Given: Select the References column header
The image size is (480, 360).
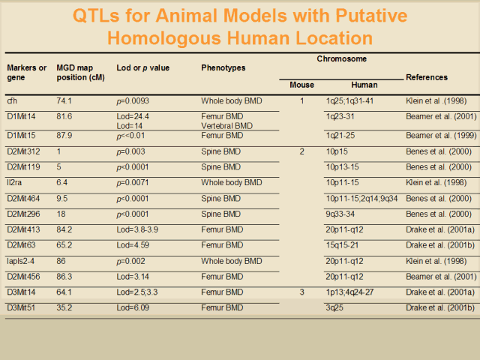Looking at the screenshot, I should pyautogui.click(x=426, y=77).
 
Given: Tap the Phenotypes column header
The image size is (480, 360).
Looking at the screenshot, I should pyautogui.click(x=223, y=68).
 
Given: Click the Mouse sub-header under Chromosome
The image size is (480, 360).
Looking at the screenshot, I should pyautogui.click(x=301, y=85).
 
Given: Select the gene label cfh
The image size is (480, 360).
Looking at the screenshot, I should pyautogui.click(x=12, y=100).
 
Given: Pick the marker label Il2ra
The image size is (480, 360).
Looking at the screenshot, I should pyautogui.click(x=16, y=182).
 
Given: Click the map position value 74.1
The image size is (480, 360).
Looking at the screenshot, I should pyautogui.click(x=64, y=100).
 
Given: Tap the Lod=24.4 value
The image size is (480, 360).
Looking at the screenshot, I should pyautogui.click(x=135, y=117).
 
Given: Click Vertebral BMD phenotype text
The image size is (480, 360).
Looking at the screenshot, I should pyautogui.click(x=227, y=126).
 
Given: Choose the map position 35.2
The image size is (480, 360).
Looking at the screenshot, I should pyautogui.click(x=64, y=307).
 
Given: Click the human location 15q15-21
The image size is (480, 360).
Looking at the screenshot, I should pyautogui.click(x=342, y=244).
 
